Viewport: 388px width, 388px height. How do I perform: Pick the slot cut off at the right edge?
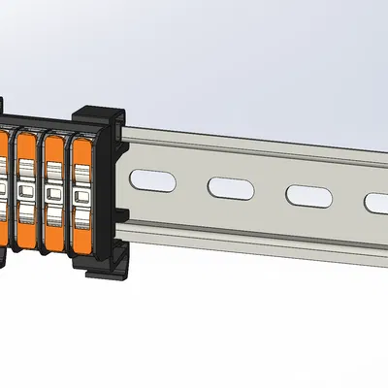click(376, 202)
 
